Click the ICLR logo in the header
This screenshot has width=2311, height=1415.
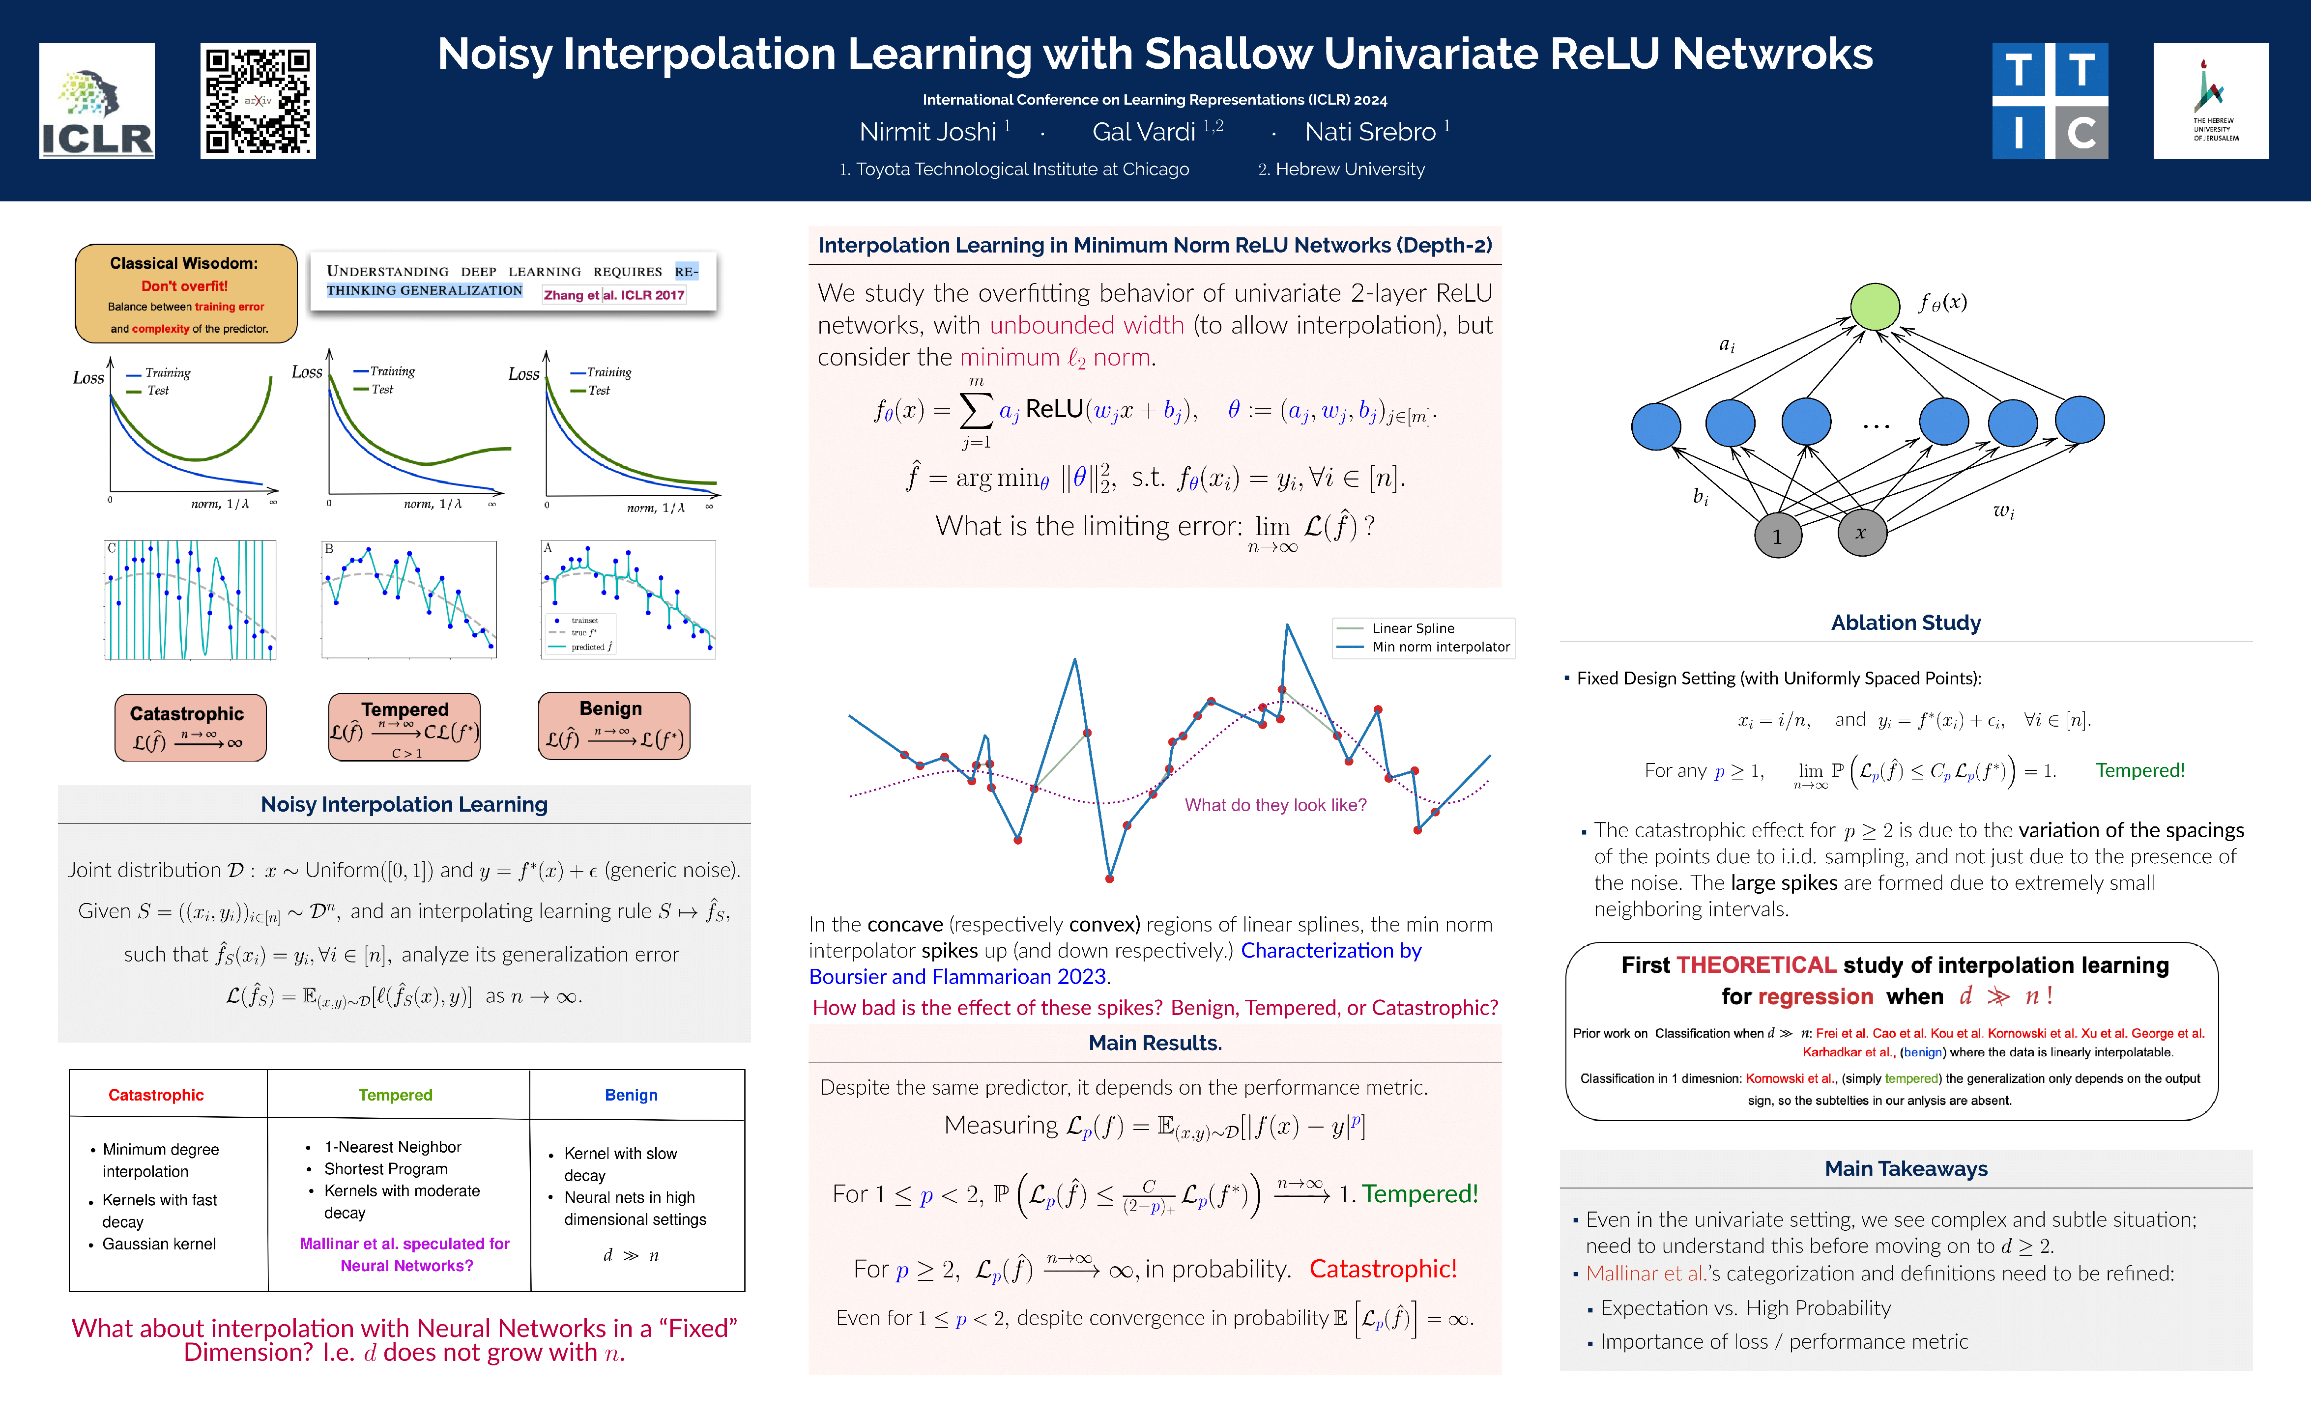[x=97, y=101]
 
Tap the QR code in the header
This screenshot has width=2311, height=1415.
[x=258, y=101]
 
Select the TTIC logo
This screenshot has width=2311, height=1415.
[x=2050, y=101]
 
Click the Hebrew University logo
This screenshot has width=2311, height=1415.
[x=2211, y=101]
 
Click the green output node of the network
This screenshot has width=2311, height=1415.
[x=1874, y=307]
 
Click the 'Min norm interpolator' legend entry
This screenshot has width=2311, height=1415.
[x=1441, y=647]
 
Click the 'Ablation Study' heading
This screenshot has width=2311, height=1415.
[x=1906, y=623]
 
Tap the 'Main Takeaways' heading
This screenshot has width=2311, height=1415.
[x=1906, y=1168]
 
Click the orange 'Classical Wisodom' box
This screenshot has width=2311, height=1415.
[x=186, y=293]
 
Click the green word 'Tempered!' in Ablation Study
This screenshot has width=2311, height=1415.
[x=2140, y=771]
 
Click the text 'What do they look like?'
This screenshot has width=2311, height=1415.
[x=1275, y=805]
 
